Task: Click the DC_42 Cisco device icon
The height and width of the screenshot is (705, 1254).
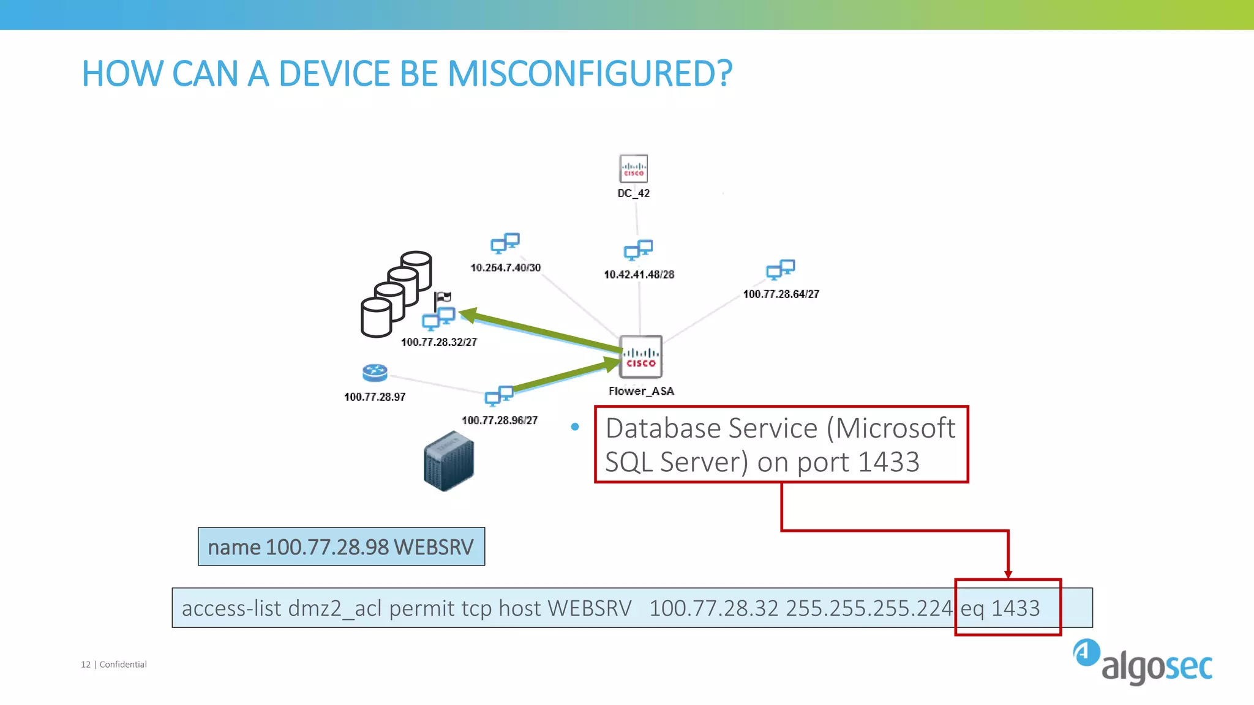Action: (x=633, y=169)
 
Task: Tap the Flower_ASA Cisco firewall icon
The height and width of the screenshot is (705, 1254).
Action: (x=640, y=357)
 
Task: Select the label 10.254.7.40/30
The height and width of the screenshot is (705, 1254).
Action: (x=505, y=268)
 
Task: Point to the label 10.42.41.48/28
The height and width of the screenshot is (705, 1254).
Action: (x=639, y=275)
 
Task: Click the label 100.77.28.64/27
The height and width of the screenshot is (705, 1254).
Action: (x=781, y=294)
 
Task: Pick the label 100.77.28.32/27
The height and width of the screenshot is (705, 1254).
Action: (x=438, y=342)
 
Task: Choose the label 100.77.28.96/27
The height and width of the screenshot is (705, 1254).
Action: (x=500, y=420)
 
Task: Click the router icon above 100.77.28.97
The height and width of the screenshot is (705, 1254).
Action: (x=375, y=373)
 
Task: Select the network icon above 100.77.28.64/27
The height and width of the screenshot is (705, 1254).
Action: (x=781, y=269)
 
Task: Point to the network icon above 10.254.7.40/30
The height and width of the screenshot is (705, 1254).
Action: (x=505, y=243)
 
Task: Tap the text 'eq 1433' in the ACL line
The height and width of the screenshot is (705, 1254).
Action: (x=1000, y=608)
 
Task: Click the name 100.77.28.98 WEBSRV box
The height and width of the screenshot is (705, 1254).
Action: (x=341, y=546)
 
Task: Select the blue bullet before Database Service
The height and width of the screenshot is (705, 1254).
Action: (x=575, y=427)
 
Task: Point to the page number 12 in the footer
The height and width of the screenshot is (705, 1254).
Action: (x=86, y=665)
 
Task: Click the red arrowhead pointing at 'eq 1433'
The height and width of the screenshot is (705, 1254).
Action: (x=1008, y=574)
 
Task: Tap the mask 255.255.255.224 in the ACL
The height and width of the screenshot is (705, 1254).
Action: (x=869, y=608)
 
